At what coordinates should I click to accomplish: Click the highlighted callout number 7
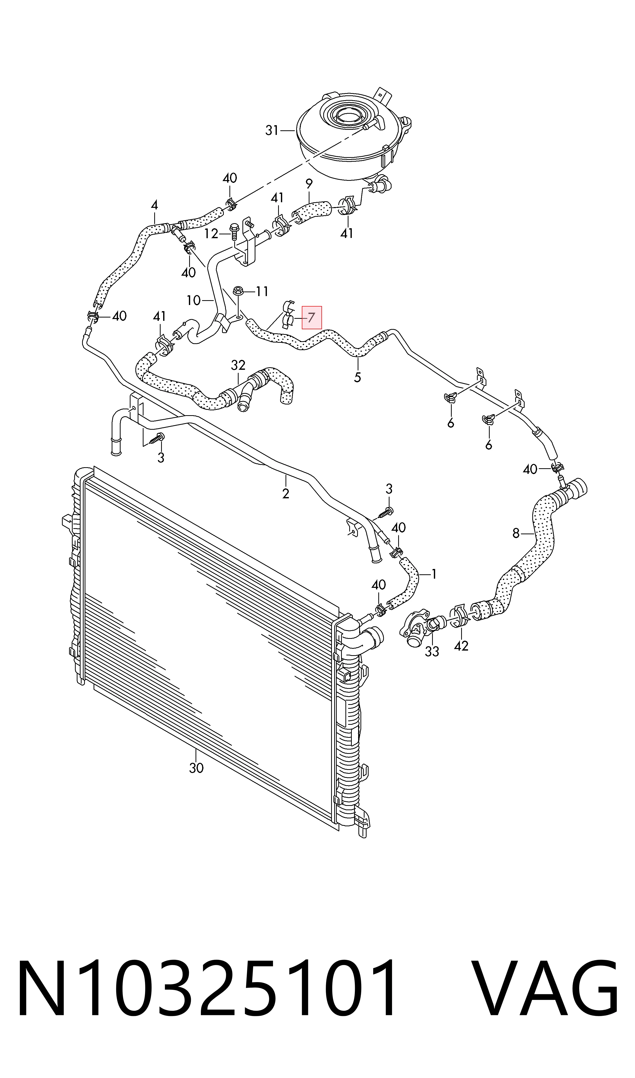[312, 318]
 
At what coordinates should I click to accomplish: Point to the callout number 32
[238, 365]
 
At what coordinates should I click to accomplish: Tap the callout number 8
[516, 533]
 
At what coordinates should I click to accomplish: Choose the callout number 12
[211, 234]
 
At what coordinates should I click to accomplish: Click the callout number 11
[262, 291]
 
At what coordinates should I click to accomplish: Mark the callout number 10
[193, 300]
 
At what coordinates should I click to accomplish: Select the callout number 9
[309, 184]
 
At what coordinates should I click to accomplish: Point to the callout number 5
[357, 377]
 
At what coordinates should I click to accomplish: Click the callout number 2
[286, 493]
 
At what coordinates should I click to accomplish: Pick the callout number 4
[154, 205]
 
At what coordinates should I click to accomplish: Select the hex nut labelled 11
[238, 292]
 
